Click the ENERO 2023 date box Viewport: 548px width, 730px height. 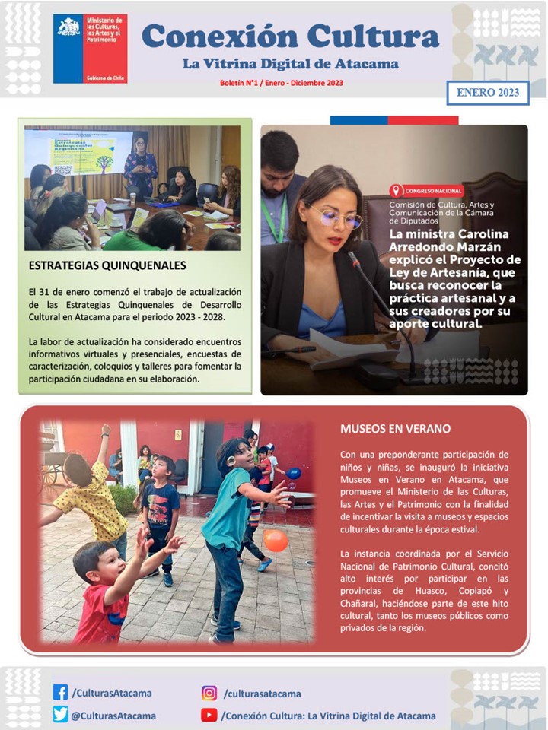[487, 93]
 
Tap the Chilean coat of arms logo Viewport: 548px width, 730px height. [68, 27]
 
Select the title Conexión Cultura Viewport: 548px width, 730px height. [290, 35]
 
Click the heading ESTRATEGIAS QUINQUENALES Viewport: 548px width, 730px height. [107, 266]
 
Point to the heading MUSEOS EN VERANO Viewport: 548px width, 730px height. [395, 429]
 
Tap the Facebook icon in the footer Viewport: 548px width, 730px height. [60, 693]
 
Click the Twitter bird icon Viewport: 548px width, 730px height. [60, 715]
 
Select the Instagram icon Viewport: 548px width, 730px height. [209, 693]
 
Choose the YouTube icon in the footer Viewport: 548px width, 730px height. [209, 715]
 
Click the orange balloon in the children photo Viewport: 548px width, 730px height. [276, 541]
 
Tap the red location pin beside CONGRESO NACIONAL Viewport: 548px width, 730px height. [396, 191]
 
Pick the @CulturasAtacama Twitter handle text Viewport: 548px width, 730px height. [113, 716]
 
